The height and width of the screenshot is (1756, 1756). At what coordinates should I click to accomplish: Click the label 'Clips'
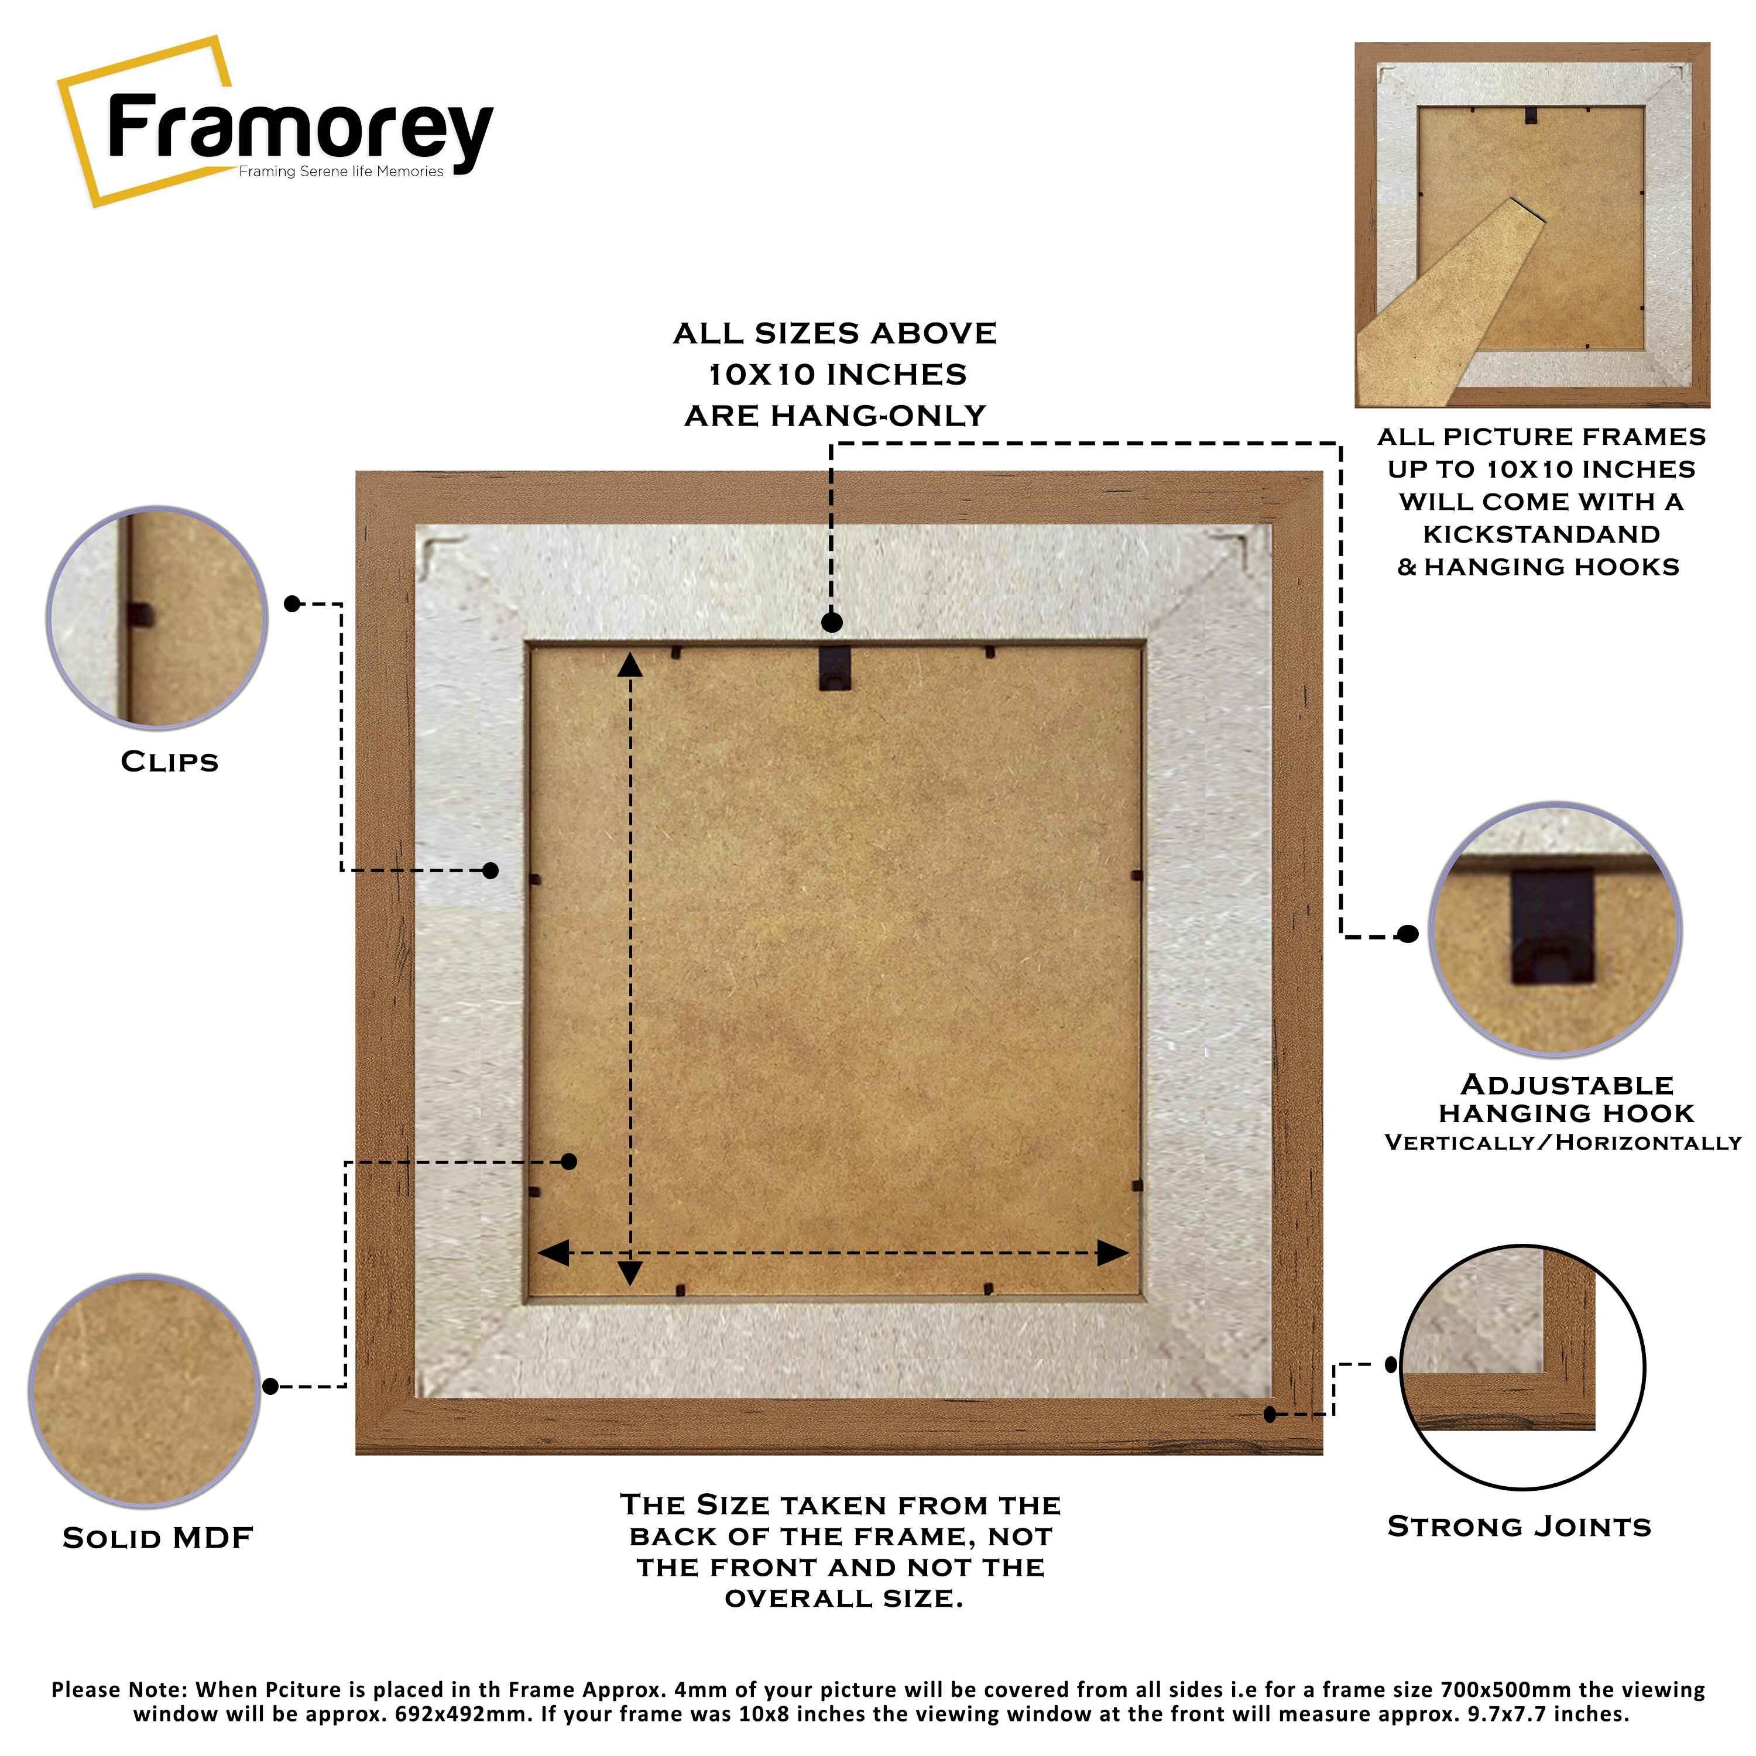point(170,762)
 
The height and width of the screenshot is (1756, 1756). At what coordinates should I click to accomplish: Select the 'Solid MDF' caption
point(157,1538)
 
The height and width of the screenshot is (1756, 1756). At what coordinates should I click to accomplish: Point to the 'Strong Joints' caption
point(1519,1526)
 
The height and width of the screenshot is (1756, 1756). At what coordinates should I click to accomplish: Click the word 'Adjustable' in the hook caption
point(1567,1084)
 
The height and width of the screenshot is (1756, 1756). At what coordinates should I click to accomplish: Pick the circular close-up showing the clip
point(157,618)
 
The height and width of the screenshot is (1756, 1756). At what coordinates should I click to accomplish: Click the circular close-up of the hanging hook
point(1555,930)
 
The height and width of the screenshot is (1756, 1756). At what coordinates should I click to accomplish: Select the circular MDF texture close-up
point(145,1391)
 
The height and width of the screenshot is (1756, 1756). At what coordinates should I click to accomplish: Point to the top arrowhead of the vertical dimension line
point(630,666)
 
